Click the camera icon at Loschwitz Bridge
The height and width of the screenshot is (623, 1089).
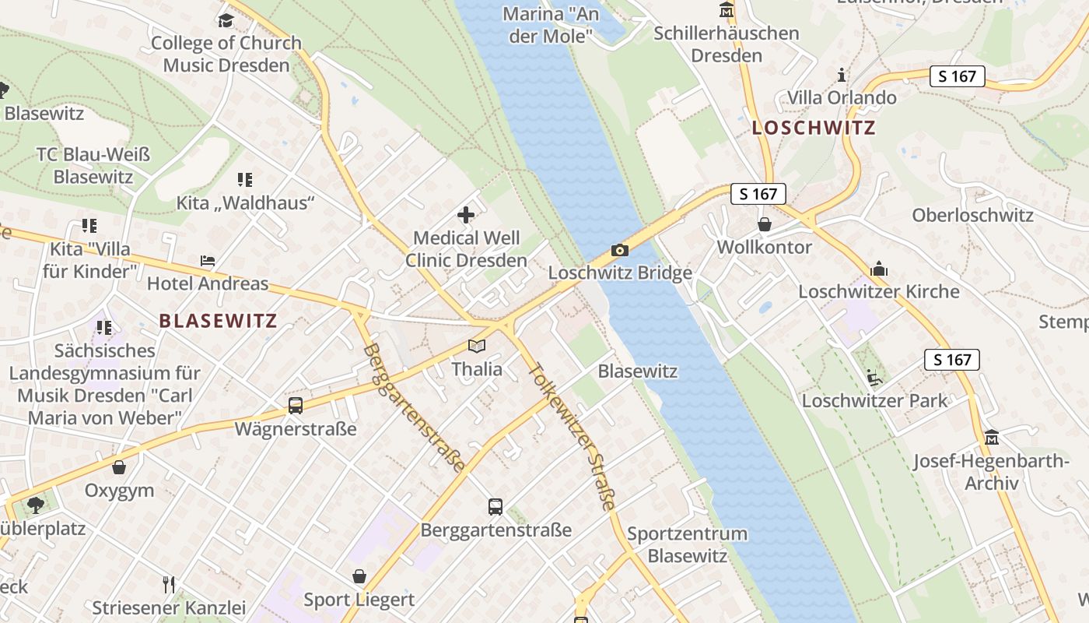coord(619,250)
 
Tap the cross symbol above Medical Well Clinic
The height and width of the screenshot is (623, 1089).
coord(466,215)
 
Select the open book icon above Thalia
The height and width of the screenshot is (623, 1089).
coord(477,346)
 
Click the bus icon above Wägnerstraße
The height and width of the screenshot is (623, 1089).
coord(296,405)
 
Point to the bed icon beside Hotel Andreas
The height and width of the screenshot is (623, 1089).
coord(208,261)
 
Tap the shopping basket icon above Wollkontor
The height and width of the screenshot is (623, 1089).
coord(765,224)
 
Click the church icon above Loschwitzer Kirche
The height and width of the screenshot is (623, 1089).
coord(879,269)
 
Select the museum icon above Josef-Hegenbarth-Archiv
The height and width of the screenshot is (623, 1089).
coord(991,438)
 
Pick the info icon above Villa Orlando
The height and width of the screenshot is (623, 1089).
coord(841,76)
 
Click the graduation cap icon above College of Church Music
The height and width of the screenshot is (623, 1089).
coord(226,20)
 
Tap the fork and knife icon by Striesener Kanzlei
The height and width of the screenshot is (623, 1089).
coord(169,584)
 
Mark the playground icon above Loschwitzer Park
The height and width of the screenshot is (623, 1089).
coord(874,378)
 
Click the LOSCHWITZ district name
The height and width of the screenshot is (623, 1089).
coord(814,128)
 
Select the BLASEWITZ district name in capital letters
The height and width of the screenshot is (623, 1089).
coord(218,321)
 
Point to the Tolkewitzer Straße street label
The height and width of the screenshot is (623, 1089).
coord(572,436)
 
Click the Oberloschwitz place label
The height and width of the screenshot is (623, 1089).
coord(972,216)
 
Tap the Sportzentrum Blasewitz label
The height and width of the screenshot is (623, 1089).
coord(687,544)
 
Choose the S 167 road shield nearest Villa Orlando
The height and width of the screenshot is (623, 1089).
coord(957,76)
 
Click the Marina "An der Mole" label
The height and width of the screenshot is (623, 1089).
coord(551,24)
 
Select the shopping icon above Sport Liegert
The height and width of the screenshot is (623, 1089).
coord(359,576)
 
